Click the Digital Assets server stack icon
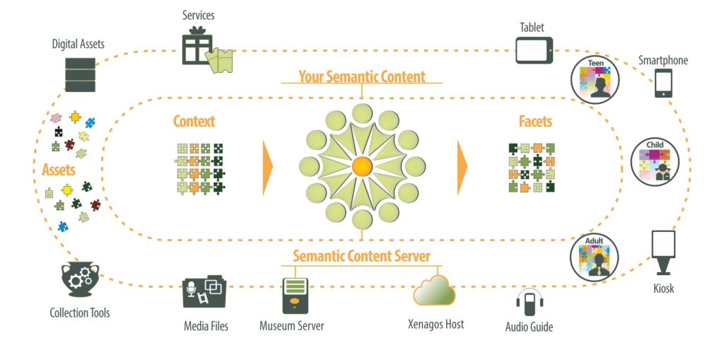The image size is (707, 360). tap(80, 74)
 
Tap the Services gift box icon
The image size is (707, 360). tap(199, 47)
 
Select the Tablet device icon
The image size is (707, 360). tap(534, 50)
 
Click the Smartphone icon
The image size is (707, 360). tap(663, 83)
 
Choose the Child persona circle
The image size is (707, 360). tap(655, 163)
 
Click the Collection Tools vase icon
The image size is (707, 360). tap(79, 279)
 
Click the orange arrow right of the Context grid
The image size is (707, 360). tap(267, 168)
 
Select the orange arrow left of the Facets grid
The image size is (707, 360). tap(462, 168)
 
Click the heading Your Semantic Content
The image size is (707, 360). tap(361, 76)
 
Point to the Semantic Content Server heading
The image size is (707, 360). tap(361, 255)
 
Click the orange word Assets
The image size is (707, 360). tap(59, 170)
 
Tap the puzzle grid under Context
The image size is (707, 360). tap(200, 168)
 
